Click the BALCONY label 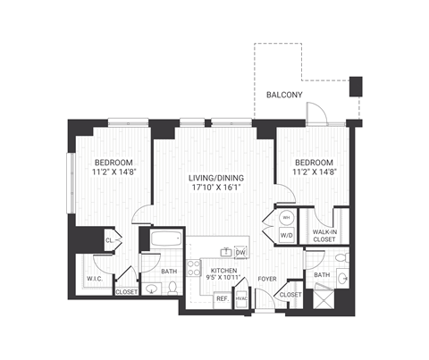(x=284, y=96)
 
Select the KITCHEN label (x=223, y=269)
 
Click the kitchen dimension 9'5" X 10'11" (x=223, y=279)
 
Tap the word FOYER (x=266, y=278)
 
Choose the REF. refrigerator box (x=222, y=299)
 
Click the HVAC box (x=241, y=299)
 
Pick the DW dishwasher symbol (x=240, y=253)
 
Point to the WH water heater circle (x=286, y=217)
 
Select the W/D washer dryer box (x=286, y=236)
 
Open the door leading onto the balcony (x=318, y=114)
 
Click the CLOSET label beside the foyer (x=290, y=294)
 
